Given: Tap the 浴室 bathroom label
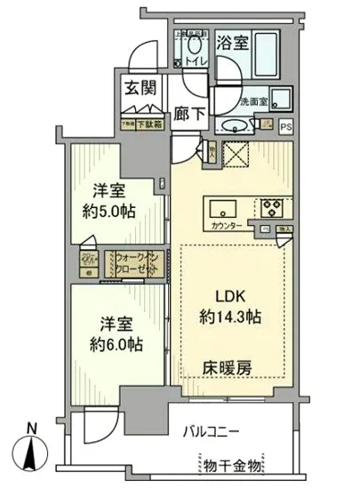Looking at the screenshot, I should pos(234,41).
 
